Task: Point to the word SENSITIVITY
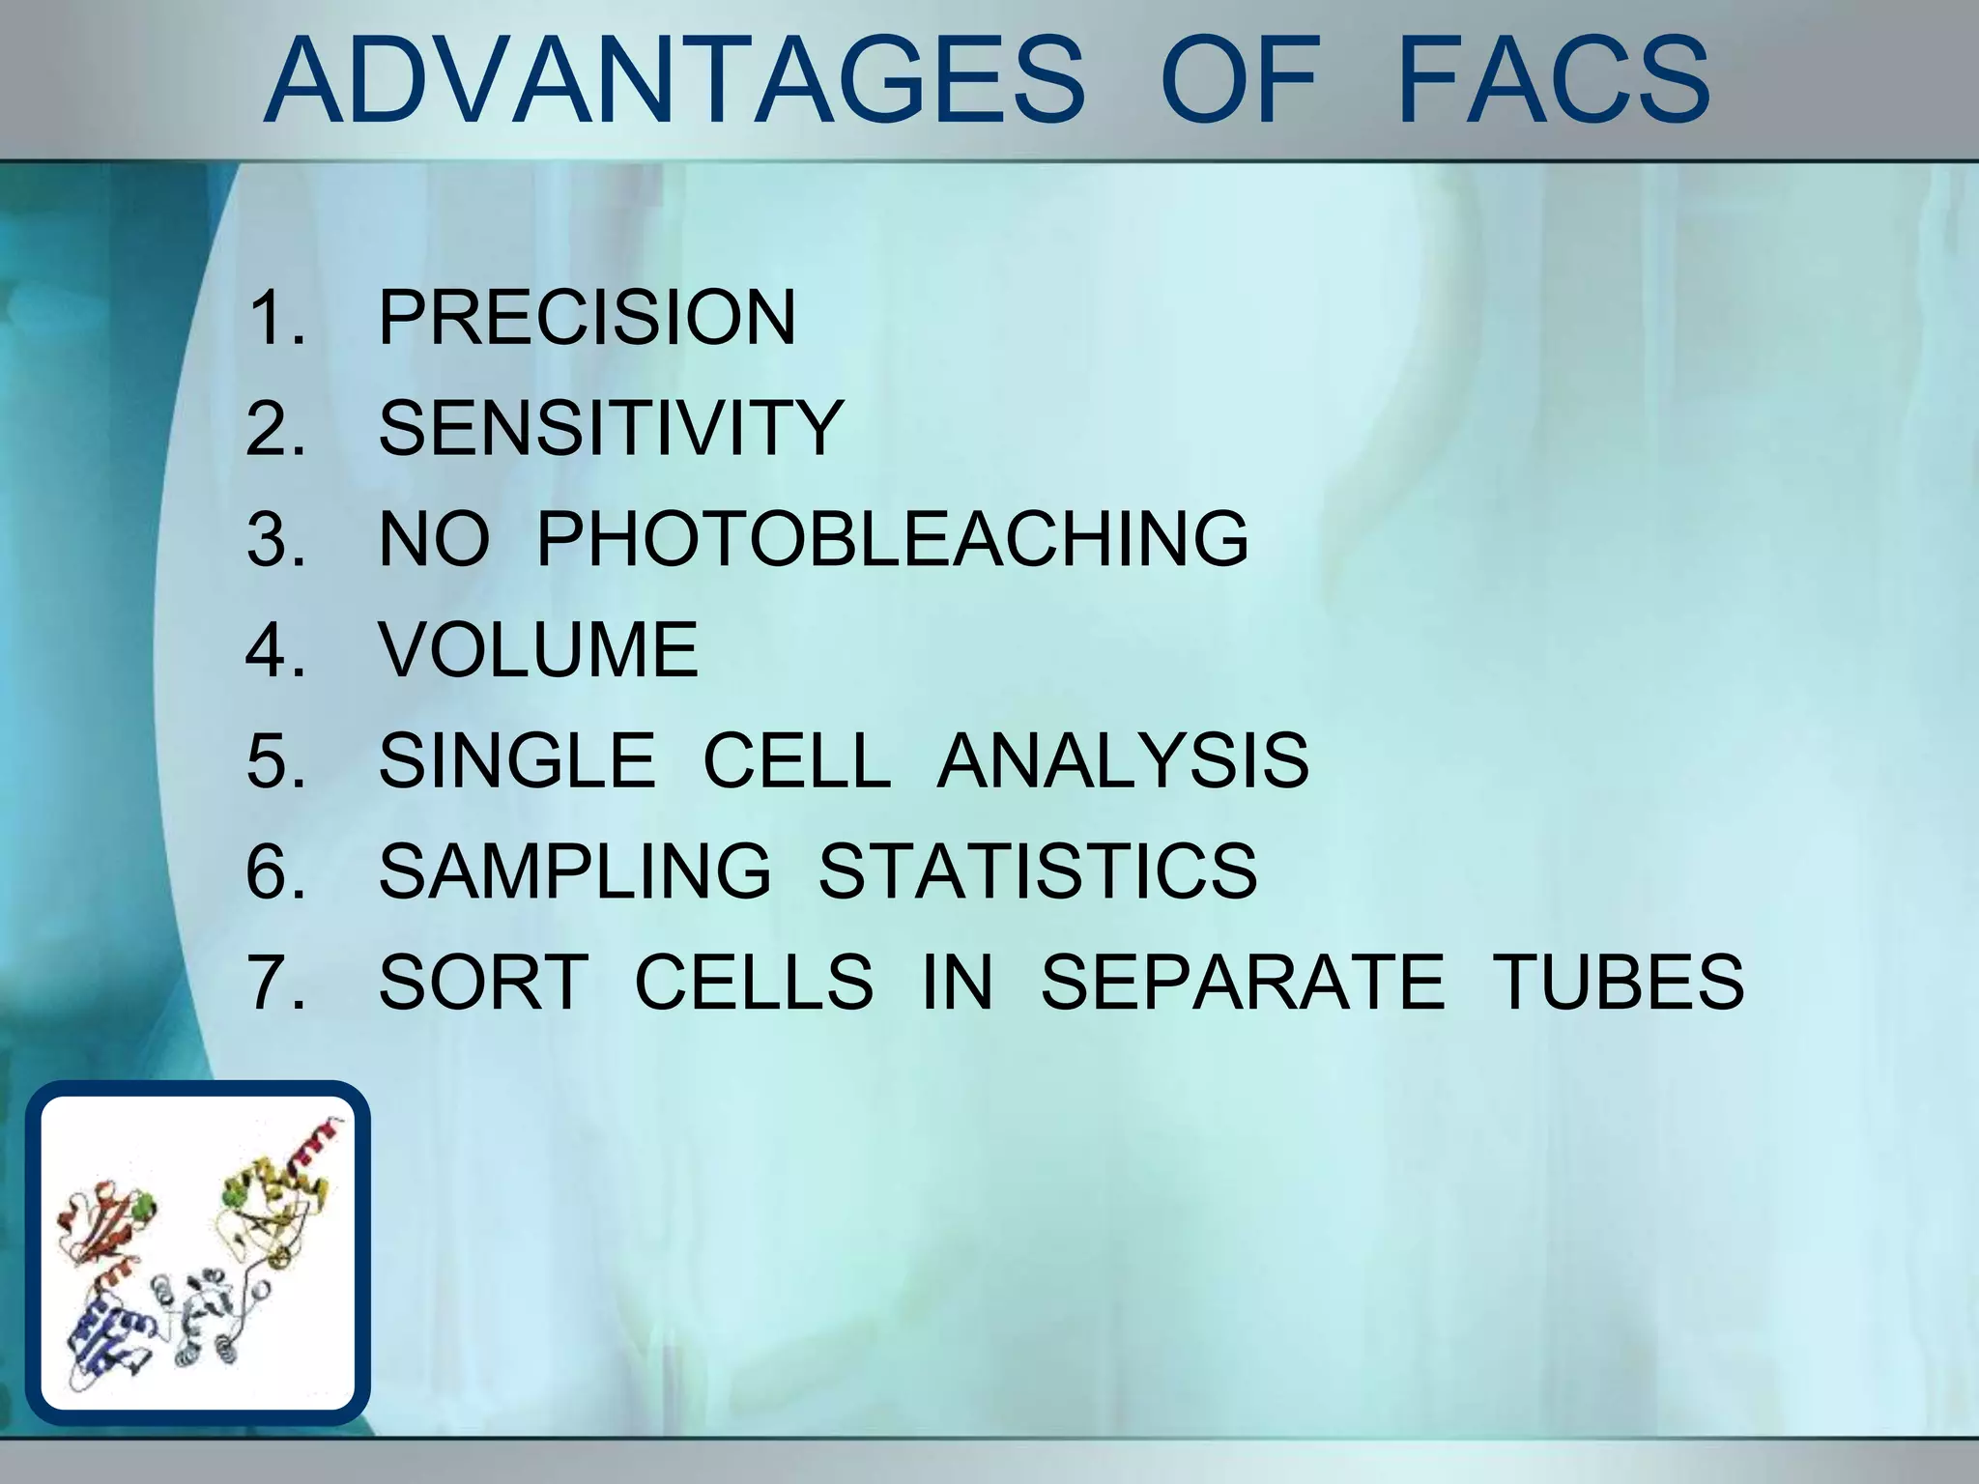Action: point(611,428)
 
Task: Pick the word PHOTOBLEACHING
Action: point(892,539)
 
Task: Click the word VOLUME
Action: point(538,649)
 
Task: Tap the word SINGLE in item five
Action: point(517,760)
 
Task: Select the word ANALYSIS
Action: point(1123,760)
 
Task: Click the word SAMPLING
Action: point(575,871)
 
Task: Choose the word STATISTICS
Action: point(1038,871)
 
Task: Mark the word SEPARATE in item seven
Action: point(1242,983)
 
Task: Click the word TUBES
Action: point(1619,983)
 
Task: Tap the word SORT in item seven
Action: point(483,983)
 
